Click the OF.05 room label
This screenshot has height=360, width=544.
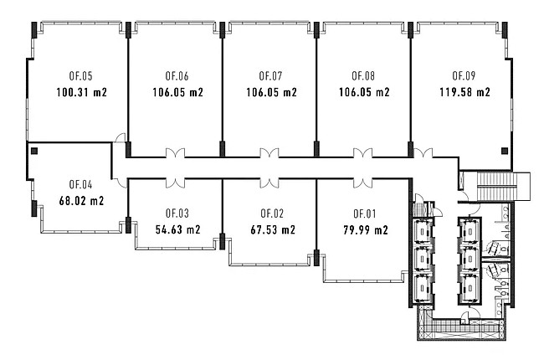click(x=80, y=76)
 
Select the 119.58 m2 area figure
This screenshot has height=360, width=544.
click(x=464, y=92)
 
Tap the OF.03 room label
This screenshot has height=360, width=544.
click(x=177, y=213)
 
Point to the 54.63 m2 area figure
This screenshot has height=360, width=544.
click(x=177, y=230)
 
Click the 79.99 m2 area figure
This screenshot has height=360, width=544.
click(x=366, y=230)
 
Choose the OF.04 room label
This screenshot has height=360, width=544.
click(x=80, y=185)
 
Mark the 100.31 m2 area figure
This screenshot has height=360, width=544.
click(x=81, y=93)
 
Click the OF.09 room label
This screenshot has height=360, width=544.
click(x=464, y=75)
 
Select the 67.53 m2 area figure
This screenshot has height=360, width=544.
click(x=273, y=230)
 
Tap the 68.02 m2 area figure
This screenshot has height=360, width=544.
click(x=81, y=201)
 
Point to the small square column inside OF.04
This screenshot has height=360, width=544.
click(x=34, y=151)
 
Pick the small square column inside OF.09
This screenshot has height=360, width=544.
click(x=505, y=151)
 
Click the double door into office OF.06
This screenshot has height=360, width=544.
click(x=175, y=153)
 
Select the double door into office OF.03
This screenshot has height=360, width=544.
click(x=175, y=183)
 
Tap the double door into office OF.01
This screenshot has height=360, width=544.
click(x=363, y=183)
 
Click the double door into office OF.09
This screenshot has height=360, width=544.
click(x=423, y=153)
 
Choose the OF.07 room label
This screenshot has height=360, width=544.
click(x=270, y=76)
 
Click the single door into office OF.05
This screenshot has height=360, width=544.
click(x=120, y=138)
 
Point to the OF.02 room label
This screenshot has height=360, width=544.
click(x=272, y=213)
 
